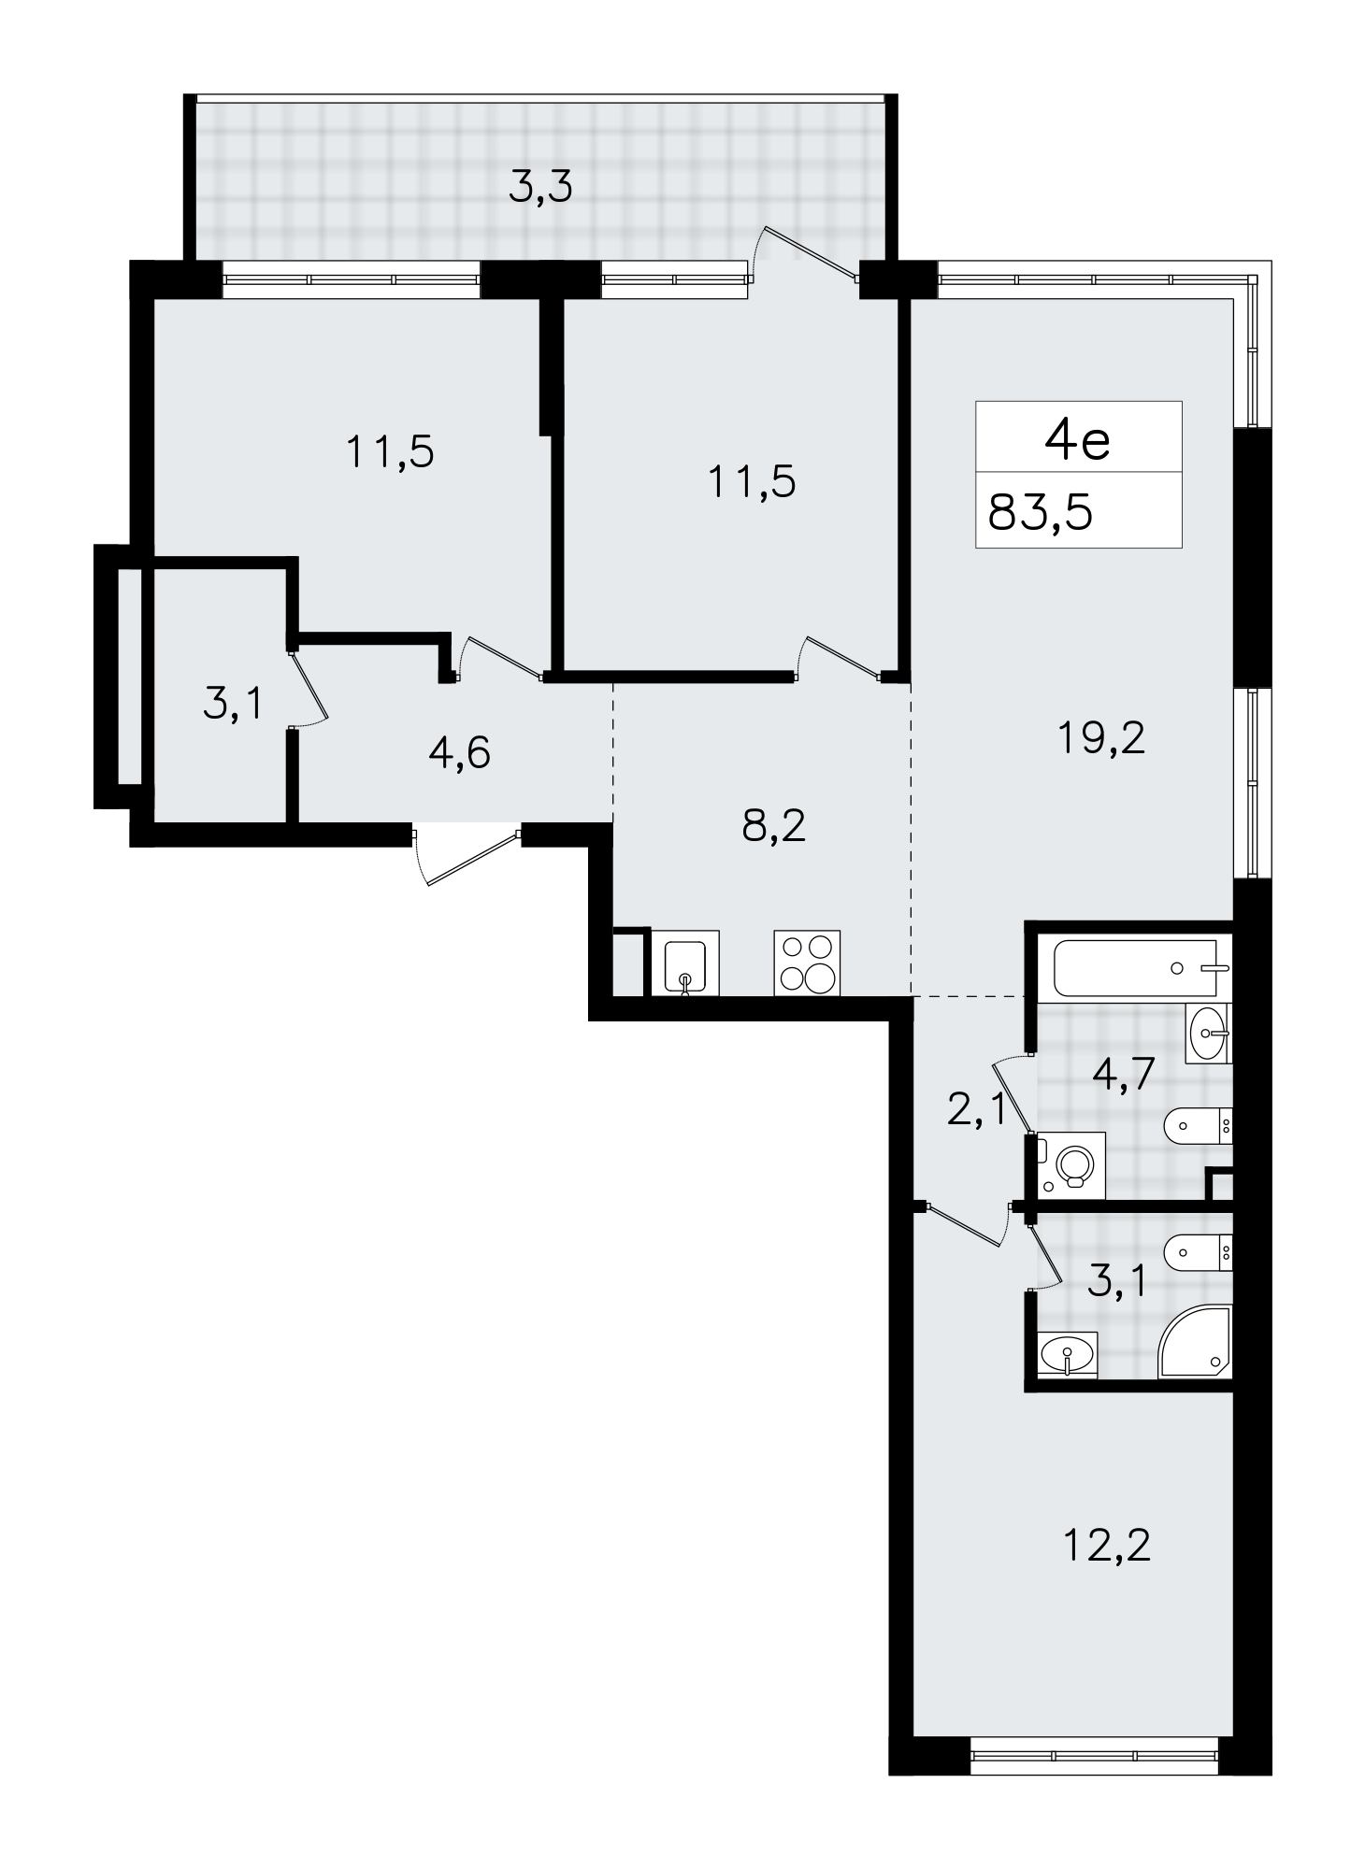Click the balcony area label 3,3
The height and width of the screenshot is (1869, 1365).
[539, 188]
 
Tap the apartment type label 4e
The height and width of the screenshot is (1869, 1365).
[1077, 438]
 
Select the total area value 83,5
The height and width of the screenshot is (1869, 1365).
[1040, 513]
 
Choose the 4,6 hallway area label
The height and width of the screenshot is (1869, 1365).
[459, 752]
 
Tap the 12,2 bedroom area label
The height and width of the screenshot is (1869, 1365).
[1107, 1547]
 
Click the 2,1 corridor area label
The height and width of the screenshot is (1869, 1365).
[976, 1110]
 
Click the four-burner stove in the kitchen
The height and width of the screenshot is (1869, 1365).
[807, 962]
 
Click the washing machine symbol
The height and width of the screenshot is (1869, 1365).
[1071, 1165]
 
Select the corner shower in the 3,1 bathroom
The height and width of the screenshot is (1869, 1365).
[1199, 1342]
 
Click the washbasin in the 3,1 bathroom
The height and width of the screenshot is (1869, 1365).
[1067, 1353]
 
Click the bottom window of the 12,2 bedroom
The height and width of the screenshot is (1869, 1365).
[1094, 1755]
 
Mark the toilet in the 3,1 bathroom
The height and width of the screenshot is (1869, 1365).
[1200, 1250]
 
